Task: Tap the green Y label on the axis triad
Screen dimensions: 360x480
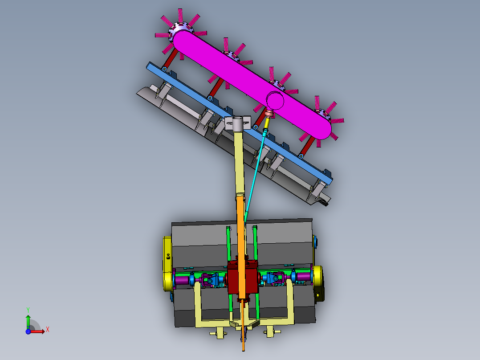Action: point(28,309)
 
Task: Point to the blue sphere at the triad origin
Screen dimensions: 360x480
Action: point(28,331)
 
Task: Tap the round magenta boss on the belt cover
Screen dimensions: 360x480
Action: point(276,101)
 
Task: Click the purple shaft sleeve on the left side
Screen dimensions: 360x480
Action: point(183,281)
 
